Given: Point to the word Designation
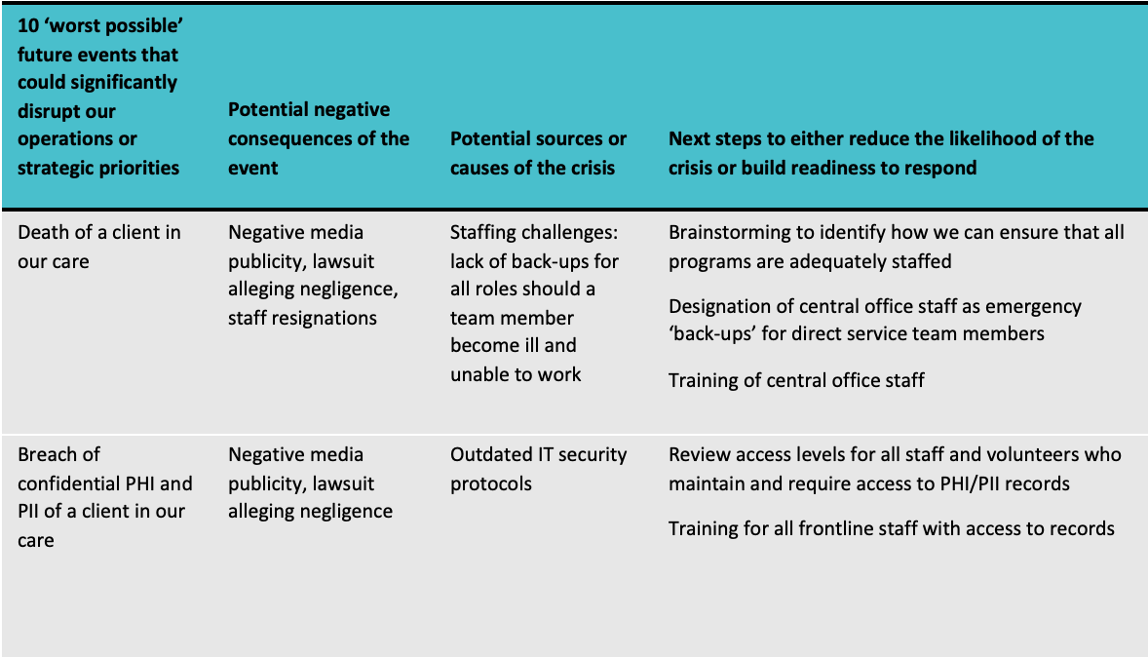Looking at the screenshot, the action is click(720, 307).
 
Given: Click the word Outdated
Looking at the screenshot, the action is click(491, 454).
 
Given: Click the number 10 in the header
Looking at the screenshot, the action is click(28, 25).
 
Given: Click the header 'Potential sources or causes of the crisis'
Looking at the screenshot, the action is click(538, 153).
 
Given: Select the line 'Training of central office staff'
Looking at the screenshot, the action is click(796, 381).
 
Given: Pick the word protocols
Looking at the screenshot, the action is click(490, 484).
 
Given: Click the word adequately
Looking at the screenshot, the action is click(823, 262).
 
